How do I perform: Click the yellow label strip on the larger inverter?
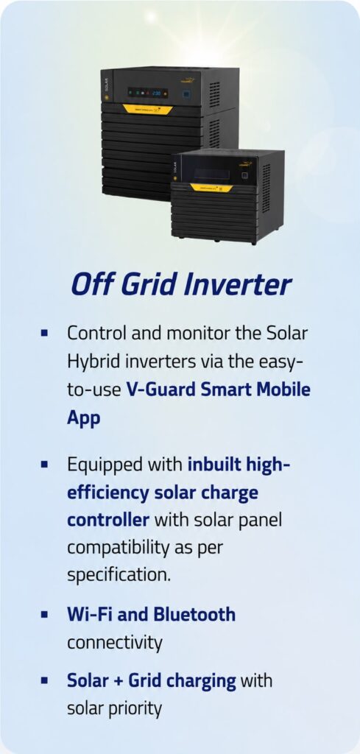(147, 109)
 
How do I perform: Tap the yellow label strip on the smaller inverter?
(211, 187)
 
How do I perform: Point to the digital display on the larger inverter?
(147, 93)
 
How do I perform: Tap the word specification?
(119, 576)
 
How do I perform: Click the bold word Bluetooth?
(194, 615)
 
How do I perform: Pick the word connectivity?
(114, 643)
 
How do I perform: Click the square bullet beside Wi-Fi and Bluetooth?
(45, 615)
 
